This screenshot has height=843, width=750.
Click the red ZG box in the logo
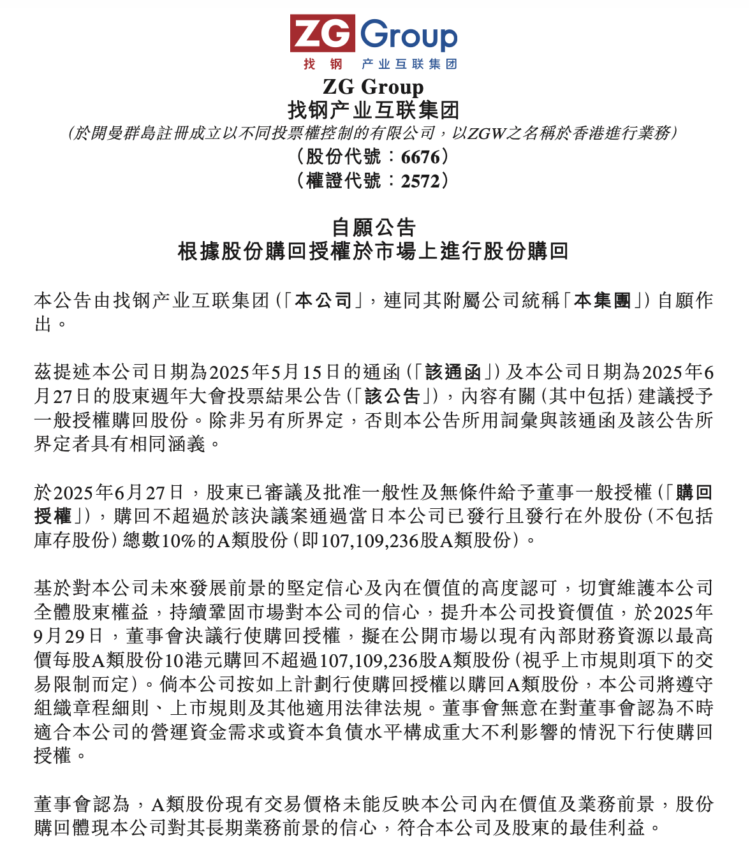pos(322,33)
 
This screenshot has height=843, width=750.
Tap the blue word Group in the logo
pos(409,36)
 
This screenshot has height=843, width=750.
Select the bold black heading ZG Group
pos(373,87)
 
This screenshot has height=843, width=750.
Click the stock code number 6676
pos(420,157)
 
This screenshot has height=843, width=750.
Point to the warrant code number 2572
pos(420,181)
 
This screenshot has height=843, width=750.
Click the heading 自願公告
pos(374,227)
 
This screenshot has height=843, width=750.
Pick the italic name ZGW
pos(487,133)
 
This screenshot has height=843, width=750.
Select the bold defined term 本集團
pos(602,300)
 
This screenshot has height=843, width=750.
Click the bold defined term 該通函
pos(453,372)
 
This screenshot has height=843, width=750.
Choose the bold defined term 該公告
pos(392,396)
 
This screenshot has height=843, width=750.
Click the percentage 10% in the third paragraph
pos(179,541)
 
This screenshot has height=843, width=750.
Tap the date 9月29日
pos(68,636)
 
